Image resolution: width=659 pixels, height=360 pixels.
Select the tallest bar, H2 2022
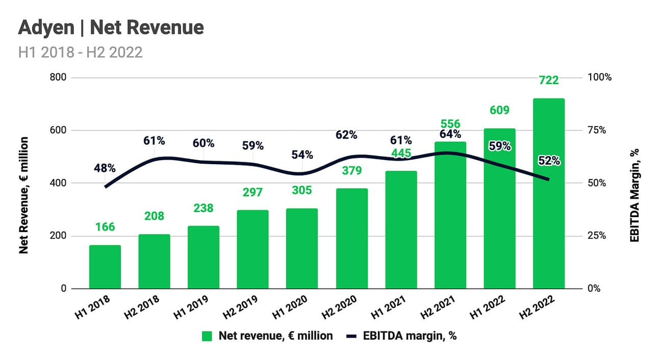pos(548,194)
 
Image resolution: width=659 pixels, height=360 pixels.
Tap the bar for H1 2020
pos(302,248)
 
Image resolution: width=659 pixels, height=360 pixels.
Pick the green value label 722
pos(548,80)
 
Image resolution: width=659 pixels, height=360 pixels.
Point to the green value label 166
pos(105,227)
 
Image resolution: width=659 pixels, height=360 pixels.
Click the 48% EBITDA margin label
pos(105,168)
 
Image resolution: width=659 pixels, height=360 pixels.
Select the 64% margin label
pos(450,135)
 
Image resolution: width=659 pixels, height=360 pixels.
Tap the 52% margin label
pos(548,161)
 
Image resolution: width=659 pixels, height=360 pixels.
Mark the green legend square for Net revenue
pos(207,336)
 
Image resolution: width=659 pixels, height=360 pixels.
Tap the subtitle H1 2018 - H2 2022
pos(80,52)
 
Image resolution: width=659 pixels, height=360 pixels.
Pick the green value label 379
pos(351,170)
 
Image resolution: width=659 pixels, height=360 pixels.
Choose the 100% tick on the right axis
pos(600,78)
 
